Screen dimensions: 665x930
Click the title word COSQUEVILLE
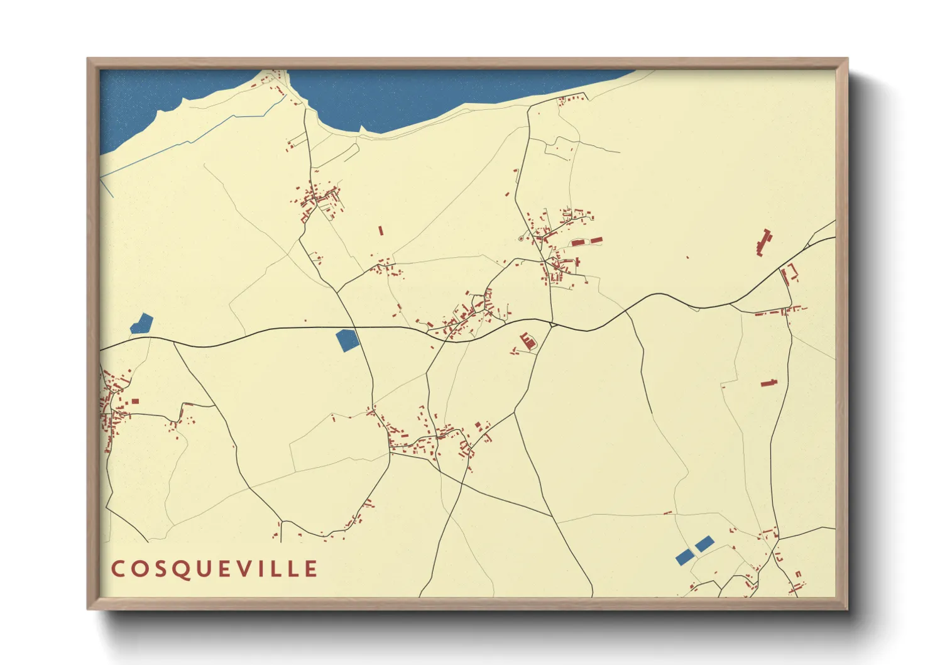(214, 569)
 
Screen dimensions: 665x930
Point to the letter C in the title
(117, 569)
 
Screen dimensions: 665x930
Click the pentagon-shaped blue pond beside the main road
(347, 339)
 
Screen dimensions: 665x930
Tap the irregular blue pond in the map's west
(141, 324)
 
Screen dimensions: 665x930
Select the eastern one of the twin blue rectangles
(704, 543)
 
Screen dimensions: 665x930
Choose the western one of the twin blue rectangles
(684, 556)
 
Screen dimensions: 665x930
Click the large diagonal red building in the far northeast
(763, 243)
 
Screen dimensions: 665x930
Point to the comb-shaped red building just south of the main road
(528, 341)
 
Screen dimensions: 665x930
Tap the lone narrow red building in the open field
(380, 231)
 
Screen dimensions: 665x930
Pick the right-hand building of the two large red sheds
(595, 240)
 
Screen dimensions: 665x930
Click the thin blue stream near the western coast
(189, 142)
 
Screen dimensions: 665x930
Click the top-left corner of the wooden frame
(88, 59)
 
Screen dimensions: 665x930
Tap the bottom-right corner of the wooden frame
(847, 608)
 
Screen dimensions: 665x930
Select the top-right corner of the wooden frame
(847, 59)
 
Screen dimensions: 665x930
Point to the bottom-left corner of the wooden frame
(88, 608)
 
